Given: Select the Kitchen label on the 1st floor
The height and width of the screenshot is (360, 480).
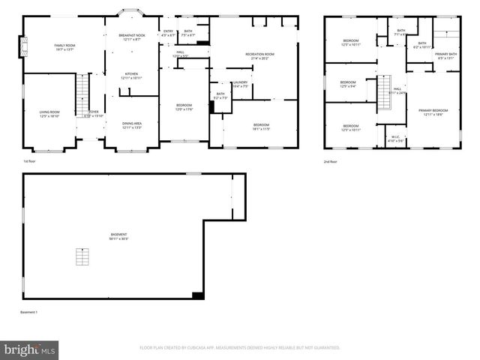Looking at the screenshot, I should pos(131,76).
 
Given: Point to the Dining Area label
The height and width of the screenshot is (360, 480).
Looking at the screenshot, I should pos(132,125).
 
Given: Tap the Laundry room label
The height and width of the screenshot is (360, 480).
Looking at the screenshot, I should pos(240,84).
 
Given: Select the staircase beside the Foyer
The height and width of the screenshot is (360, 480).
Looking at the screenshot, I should pos(82,95).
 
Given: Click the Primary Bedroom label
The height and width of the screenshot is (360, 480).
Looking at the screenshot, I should pos(433,111).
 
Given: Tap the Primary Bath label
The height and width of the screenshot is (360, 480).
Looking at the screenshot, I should pos(445,56).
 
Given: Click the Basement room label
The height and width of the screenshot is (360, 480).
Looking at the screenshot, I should pos(118,236).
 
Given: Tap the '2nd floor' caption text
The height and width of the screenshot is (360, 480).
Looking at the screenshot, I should pos(331,161).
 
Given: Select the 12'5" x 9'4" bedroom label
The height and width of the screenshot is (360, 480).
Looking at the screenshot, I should pos(348,84).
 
